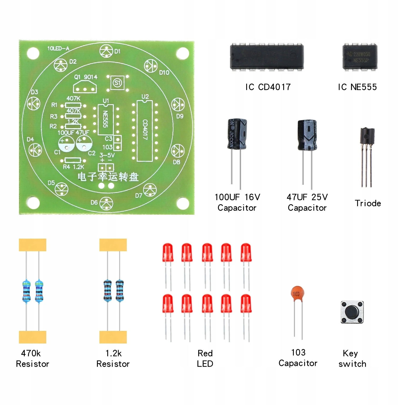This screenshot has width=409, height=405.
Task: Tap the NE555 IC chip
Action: click(x=360, y=57)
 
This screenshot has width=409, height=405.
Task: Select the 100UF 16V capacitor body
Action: click(x=237, y=134)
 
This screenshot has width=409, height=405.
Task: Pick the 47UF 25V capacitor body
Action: click(x=307, y=136)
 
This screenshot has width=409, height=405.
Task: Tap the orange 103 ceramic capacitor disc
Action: click(x=297, y=293)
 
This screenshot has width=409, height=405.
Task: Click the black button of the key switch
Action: click(x=352, y=312)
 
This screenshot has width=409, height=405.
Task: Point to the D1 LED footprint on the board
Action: click(x=106, y=52)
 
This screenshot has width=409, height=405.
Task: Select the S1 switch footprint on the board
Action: click(x=117, y=83)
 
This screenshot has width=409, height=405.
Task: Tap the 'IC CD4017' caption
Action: click(x=268, y=87)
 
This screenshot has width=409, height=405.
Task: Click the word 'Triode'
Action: click(x=367, y=203)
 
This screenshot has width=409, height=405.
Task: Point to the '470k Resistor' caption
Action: click(x=32, y=358)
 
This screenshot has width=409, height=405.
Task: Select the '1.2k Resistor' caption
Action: click(x=113, y=358)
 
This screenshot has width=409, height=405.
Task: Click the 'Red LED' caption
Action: click(x=205, y=358)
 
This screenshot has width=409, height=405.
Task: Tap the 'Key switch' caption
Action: click(x=352, y=358)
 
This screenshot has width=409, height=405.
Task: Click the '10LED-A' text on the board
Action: click(x=58, y=48)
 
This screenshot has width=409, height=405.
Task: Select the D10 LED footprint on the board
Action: click(x=151, y=65)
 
